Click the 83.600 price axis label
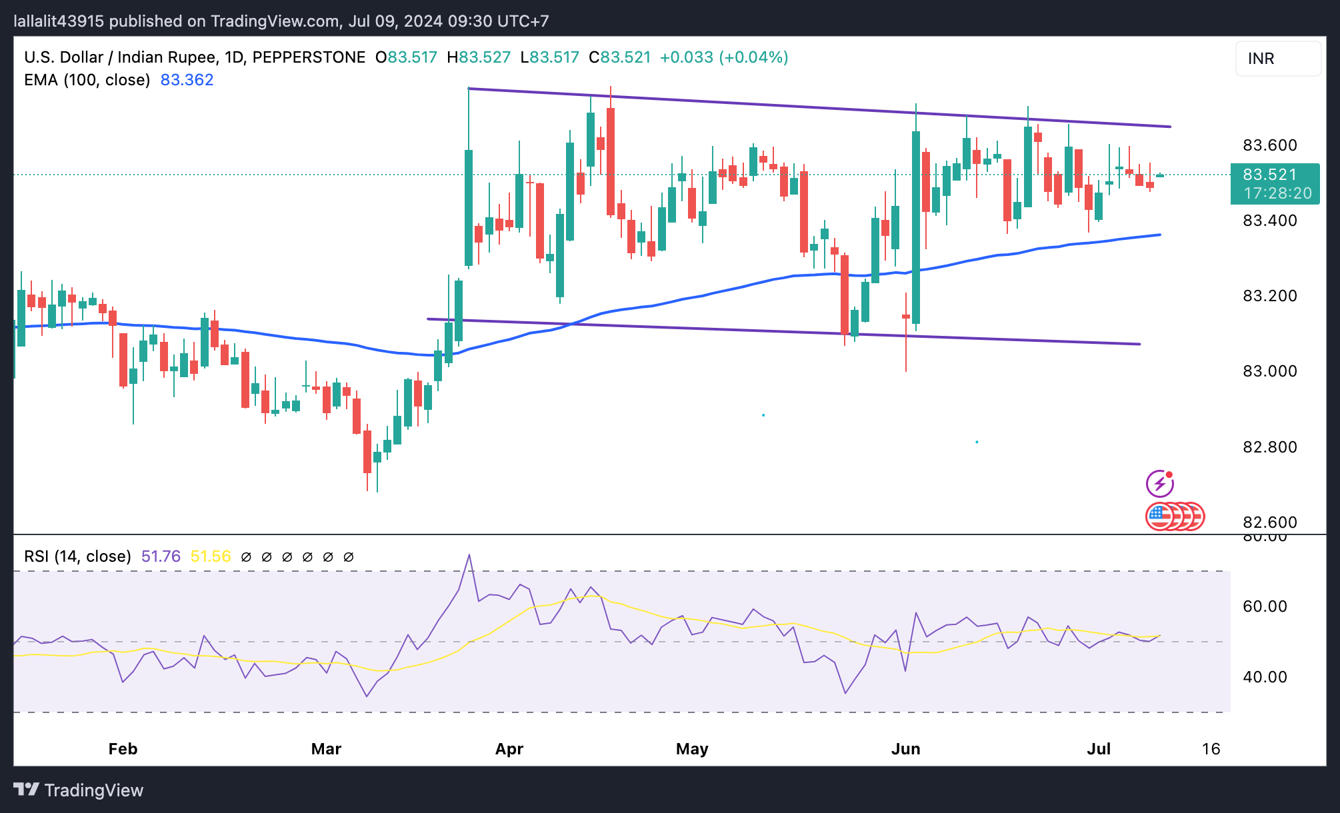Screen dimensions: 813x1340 1269,145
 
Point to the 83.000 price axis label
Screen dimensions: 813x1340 1269,371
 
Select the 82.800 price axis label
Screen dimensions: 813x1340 1269,447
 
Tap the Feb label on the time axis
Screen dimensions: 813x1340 123,749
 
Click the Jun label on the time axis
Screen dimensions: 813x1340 905,749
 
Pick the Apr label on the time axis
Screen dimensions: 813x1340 509,749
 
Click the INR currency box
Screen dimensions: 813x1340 1277,59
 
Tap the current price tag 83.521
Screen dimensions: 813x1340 1269,175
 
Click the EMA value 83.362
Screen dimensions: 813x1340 187,80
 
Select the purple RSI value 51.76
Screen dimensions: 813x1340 161,556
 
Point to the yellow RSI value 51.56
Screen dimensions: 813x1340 211,556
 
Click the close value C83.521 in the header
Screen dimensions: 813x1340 619,57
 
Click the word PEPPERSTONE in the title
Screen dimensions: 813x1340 309,57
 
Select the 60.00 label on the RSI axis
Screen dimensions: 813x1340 1265,606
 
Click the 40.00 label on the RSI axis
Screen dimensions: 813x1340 1265,677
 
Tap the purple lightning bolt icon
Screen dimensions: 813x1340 1159,484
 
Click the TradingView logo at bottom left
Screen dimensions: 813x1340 78,790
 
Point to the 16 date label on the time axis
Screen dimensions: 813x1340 1211,749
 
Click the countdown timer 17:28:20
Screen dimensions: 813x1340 1277,193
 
